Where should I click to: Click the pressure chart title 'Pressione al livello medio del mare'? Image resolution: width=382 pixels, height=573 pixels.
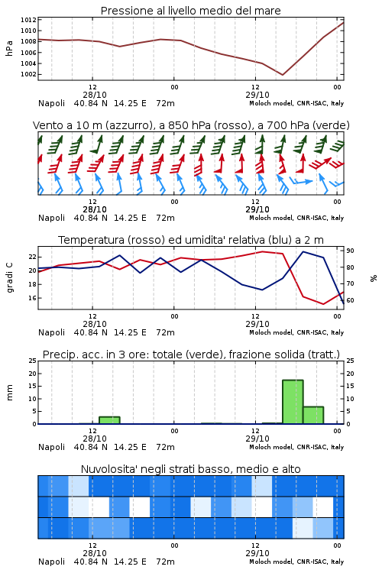point(190,11)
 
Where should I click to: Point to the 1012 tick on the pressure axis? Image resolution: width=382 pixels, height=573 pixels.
point(28,20)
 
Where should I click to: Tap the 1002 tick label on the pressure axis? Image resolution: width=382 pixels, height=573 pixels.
point(28,74)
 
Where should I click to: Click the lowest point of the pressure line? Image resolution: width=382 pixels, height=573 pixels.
point(282,75)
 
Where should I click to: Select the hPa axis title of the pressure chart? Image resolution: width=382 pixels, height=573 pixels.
point(9,48)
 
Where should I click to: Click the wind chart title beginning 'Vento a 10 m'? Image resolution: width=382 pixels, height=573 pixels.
point(191,125)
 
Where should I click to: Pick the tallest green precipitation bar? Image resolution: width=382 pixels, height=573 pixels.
point(293,402)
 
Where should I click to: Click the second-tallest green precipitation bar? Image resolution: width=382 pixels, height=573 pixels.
point(313,415)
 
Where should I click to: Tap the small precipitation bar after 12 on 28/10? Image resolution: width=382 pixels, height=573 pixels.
point(109,420)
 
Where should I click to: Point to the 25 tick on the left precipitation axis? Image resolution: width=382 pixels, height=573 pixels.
point(33,361)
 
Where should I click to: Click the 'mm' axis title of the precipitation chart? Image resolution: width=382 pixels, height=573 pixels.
point(10,393)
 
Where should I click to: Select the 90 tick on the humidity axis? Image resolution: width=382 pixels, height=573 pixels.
point(350,251)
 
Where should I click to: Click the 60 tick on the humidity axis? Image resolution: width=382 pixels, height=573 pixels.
point(350,300)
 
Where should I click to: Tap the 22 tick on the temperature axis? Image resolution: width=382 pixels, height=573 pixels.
point(33,257)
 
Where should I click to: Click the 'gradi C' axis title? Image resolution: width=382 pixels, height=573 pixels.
point(10,278)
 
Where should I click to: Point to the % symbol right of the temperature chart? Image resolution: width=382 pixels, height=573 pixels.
point(374,278)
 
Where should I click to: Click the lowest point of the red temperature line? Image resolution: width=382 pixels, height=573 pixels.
point(323,304)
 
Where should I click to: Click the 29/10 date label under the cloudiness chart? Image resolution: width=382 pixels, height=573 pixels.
point(257,553)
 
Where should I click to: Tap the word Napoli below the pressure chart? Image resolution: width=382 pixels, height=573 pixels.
point(51,103)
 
